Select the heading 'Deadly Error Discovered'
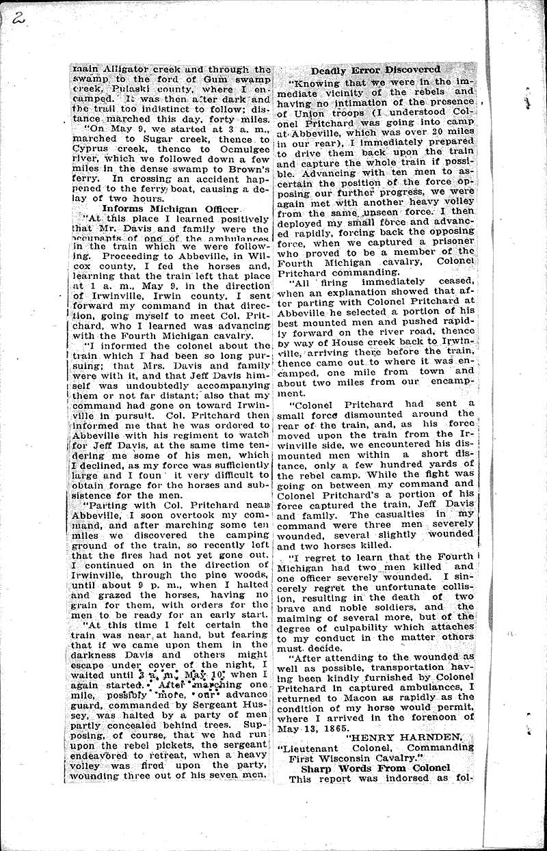(375, 70)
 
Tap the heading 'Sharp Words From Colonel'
(375, 768)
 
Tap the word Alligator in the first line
(131, 68)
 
